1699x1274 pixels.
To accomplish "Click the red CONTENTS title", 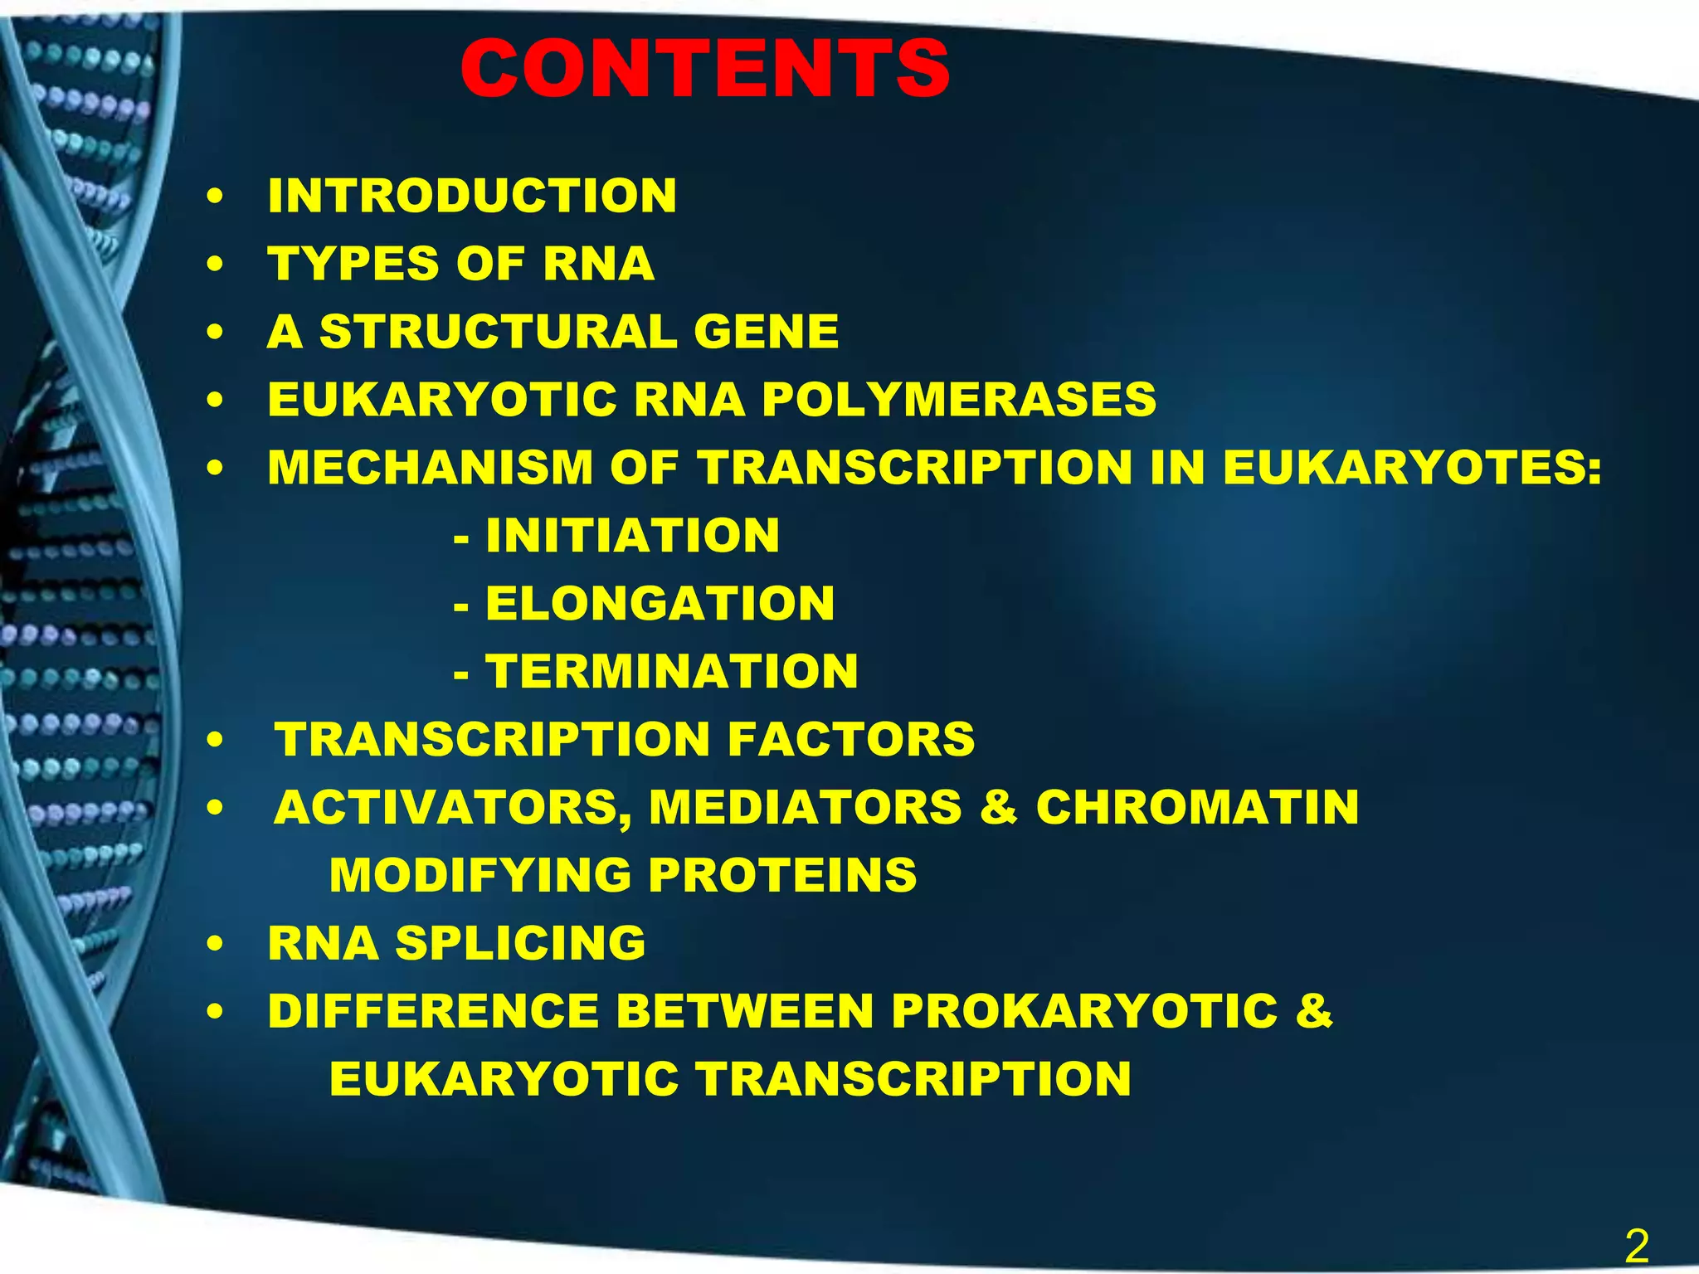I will pos(705,70).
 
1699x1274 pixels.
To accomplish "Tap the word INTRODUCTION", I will pos(472,196).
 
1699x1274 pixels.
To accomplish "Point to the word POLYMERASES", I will pos(959,400).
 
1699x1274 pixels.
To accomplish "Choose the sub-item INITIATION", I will pos(632,536).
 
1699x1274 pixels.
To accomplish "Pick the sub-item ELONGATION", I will pos(660,604).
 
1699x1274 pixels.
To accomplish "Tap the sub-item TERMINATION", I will pos(672,672).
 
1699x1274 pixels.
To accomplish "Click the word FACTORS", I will pos(851,740).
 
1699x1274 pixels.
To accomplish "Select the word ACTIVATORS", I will pos(452,808).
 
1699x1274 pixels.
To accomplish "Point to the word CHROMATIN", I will pos(1197,808).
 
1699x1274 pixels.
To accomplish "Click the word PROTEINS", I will pos(782,876).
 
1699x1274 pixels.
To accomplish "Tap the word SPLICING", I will pos(520,944).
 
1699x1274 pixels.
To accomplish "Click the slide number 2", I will pos(1636,1247).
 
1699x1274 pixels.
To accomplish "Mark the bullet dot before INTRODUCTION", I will pos(216,198).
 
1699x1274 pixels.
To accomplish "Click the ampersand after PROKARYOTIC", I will pos(1313,1012).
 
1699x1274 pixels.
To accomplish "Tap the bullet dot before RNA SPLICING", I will pos(216,946).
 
